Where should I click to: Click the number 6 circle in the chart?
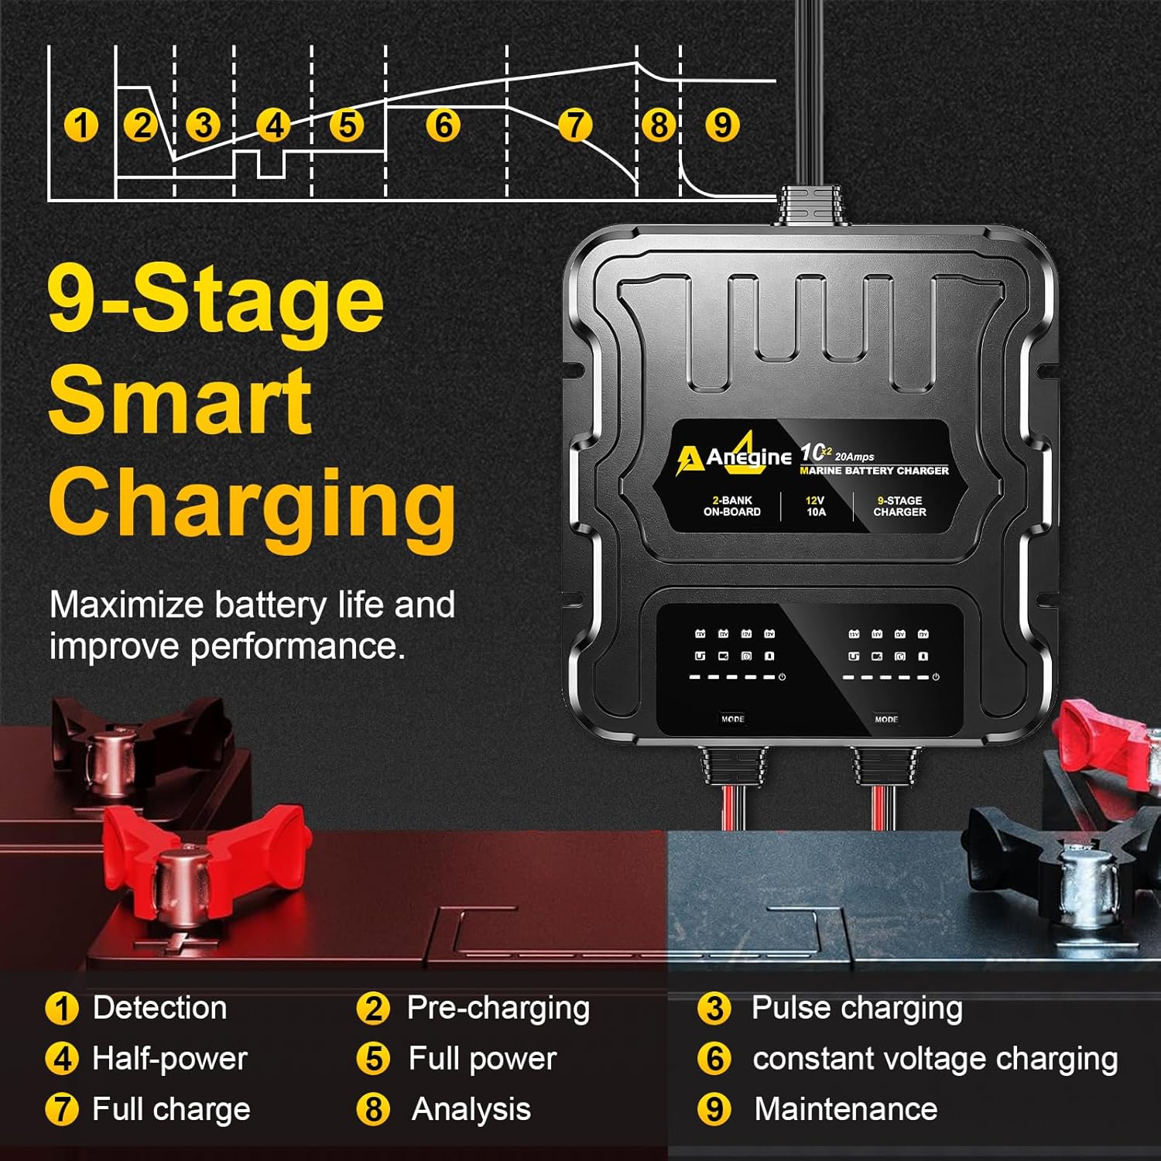tap(444, 125)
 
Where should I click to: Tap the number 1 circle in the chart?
tap(80, 125)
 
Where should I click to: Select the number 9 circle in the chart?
tap(722, 125)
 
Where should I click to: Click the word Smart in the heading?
tap(180, 401)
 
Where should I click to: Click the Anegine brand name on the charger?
tap(748, 457)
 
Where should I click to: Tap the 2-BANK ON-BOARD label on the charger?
tap(731, 506)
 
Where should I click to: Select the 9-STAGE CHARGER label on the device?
tap(899, 506)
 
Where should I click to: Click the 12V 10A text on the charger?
tap(816, 506)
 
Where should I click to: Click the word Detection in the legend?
tap(159, 1008)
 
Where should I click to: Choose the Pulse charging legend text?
tap(857, 1008)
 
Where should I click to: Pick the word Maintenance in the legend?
tap(845, 1109)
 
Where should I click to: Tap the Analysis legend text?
tap(471, 1109)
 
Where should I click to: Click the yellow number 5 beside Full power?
tap(373, 1059)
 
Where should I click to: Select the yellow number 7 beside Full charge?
tap(62, 1109)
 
